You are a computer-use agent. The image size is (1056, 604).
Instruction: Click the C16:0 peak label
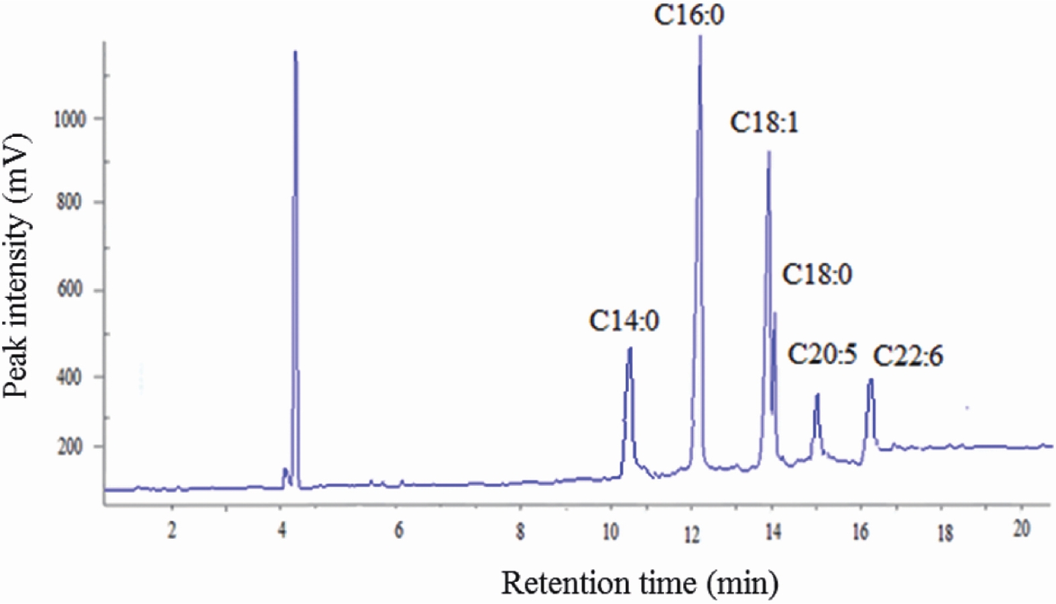tap(689, 15)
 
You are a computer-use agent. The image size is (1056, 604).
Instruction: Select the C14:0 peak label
tap(624, 321)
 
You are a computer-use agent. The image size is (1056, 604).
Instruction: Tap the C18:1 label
tap(765, 123)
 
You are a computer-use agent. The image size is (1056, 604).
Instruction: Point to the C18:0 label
tap(817, 274)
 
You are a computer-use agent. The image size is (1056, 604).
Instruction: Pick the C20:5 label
tap(822, 354)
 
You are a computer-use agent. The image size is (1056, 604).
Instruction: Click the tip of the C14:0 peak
tap(630, 348)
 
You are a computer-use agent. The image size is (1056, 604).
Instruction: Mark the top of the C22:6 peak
tap(871, 380)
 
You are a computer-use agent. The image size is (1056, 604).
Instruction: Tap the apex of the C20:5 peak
tap(817, 395)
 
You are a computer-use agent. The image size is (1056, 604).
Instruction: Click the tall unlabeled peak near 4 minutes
tap(295, 52)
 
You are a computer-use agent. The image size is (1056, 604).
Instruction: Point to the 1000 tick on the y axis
tap(70, 119)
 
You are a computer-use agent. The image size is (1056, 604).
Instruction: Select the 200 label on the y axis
tap(70, 446)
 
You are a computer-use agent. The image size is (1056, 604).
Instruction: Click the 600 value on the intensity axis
tap(70, 290)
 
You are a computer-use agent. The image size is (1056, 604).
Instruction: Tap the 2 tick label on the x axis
tap(172, 530)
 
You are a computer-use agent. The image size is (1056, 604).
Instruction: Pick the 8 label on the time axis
tap(520, 532)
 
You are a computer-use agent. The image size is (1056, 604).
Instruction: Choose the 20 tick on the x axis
tap(1021, 529)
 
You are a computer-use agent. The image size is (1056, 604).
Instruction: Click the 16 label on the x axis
tap(861, 532)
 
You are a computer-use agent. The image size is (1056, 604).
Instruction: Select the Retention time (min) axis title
tap(640, 583)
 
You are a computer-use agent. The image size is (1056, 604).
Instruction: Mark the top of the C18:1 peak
tap(769, 152)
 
